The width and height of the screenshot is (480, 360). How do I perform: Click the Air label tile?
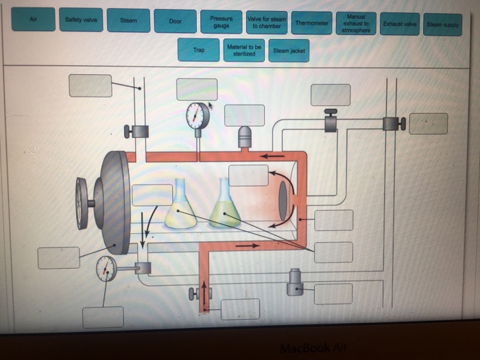click(x=33, y=19)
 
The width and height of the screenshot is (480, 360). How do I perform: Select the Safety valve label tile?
click(x=81, y=20)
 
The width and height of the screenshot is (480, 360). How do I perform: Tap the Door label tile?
click(x=175, y=21)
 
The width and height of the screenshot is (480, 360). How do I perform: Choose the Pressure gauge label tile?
click(x=221, y=22)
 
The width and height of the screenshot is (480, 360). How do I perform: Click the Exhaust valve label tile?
click(x=400, y=23)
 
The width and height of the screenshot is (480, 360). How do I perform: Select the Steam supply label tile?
click(x=443, y=25)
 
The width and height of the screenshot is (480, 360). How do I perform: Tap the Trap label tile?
click(x=199, y=49)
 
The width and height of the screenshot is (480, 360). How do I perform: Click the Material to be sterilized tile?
click(x=245, y=50)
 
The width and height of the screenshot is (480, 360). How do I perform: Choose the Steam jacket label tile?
click(x=289, y=51)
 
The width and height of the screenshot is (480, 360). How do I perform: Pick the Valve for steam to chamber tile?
click(x=267, y=23)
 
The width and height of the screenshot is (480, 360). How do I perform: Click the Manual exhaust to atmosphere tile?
click(x=356, y=22)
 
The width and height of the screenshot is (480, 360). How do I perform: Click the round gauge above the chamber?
click(x=197, y=115)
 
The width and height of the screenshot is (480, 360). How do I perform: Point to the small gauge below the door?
click(x=106, y=268)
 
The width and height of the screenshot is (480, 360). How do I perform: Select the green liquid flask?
click(x=225, y=206)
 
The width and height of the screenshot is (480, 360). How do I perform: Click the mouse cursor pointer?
click(x=211, y=106)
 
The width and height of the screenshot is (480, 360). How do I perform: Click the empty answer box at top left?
click(x=90, y=85)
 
